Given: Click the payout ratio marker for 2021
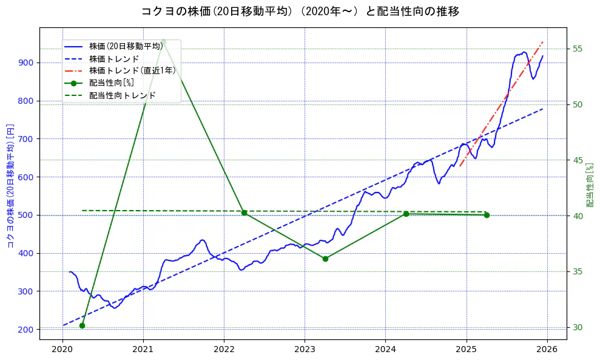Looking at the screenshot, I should [x=163, y=42].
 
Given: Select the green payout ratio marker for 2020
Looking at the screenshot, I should [x=82, y=325].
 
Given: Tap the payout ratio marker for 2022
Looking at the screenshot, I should [x=244, y=212].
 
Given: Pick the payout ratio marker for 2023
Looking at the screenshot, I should [x=325, y=259].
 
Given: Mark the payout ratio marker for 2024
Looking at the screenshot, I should [x=406, y=214].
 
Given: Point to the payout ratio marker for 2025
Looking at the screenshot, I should [x=487, y=215].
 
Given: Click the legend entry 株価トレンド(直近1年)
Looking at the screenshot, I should [x=132, y=70].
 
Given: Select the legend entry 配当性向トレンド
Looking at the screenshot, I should [x=122, y=95].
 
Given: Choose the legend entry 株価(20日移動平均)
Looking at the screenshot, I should [x=126, y=46].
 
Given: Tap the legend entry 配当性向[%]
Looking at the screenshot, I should [x=111, y=83].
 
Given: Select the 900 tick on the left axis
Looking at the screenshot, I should [x=28, y=63].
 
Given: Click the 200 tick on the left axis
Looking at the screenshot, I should [x=28, y=329].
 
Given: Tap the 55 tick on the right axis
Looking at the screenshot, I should [x=578, y=49].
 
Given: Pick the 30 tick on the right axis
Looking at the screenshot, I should [x=578, y=327].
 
